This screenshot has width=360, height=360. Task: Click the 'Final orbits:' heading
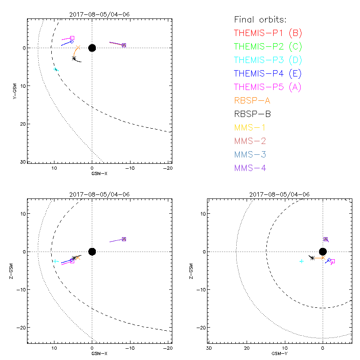click(x=261, y=19)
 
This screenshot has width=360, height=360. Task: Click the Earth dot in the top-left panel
click(x=92, y=48)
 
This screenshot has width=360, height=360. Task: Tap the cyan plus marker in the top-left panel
click(x=56, y=69)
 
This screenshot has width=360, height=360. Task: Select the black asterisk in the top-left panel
click(x=74, y=58)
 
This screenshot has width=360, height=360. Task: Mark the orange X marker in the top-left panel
click(x=78, y=47)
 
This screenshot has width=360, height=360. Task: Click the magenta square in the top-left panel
click(x=72, y=38)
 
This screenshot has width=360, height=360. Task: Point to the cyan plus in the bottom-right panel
click(x=301, y=261)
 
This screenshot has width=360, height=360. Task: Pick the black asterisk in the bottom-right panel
click(x=312, y=258)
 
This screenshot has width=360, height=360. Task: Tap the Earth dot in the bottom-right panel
click(x=323, y=252)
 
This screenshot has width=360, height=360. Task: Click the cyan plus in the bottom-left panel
click(x=55, y=261)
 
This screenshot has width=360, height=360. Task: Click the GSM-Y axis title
click(x=278, y=353)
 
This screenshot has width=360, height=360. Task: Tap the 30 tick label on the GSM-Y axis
click(x=209, y=348)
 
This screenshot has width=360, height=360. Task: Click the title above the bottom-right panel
click(x=279, y=194)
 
